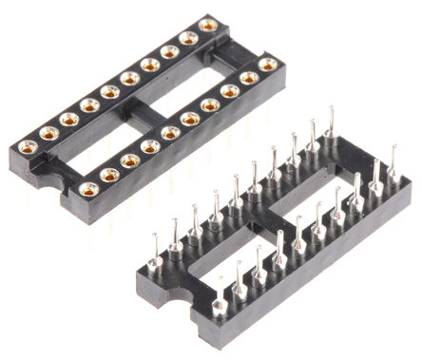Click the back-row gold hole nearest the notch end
(27, 147)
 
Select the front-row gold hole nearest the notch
(88, 189)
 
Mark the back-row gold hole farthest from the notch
(208, 26)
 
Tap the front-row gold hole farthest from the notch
(269, 66)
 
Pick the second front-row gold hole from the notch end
(109, 175)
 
